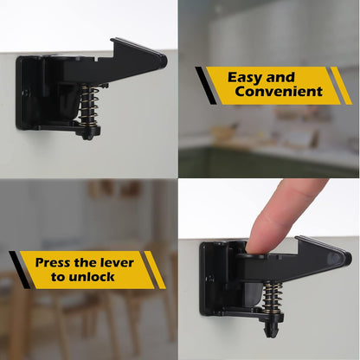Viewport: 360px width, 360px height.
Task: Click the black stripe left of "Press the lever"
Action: pos(18,269)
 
